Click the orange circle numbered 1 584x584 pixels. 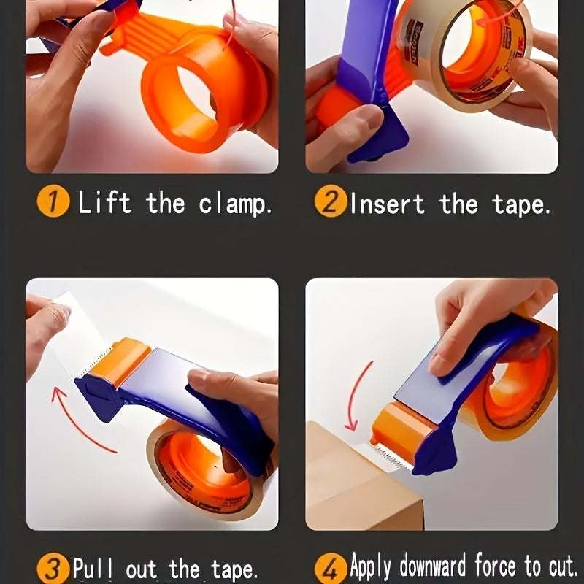[x=53, y=201]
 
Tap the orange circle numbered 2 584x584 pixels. [x=330, y=201]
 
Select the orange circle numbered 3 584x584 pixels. [x=53, y=567]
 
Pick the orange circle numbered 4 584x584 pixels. [x=330, y=567]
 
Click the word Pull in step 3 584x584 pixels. [x=95, y=567]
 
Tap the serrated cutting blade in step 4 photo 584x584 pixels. [x=387, y=456]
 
